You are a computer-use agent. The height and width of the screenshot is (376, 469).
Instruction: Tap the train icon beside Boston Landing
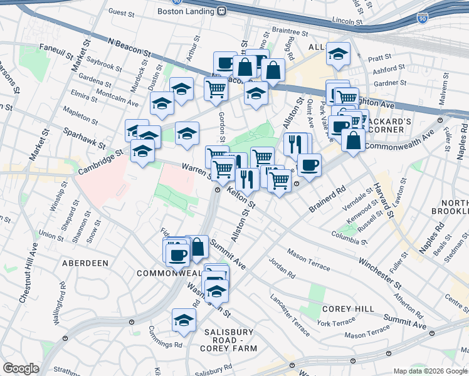(x=221, y=11)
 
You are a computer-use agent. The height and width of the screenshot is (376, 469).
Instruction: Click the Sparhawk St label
(x=84, y=137)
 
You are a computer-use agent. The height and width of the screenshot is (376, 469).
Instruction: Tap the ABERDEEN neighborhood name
(x=85, y=263)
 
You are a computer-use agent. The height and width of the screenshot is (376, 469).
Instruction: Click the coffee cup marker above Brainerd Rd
(x=309, y=165)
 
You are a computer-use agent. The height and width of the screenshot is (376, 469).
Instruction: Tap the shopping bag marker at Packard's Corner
(x=354, y=140)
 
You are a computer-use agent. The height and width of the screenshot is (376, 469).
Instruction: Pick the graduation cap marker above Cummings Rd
(x=184, y=320)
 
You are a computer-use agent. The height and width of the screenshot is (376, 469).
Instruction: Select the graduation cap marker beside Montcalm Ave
(x=162, y=103)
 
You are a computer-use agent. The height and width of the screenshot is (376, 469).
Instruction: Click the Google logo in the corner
(x=21, y=368)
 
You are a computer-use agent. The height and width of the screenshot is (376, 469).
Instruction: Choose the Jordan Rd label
(x=282, y=268)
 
